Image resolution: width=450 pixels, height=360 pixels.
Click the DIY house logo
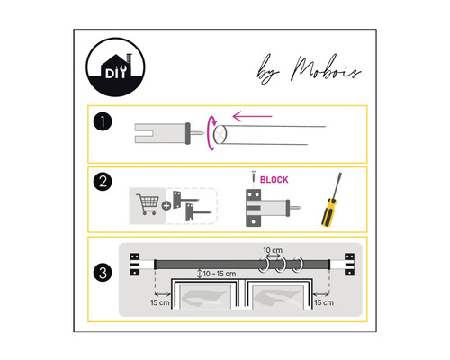[115, 67]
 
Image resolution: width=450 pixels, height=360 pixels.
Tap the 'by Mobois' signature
[309, 69]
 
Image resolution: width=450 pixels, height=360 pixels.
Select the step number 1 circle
[103, 122]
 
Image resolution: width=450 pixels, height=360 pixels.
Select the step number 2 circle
[103, 182]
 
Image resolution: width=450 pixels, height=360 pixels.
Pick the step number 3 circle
[103, 273]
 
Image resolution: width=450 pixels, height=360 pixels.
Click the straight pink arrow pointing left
[253, 116]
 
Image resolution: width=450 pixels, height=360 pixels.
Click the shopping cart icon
[148, 204]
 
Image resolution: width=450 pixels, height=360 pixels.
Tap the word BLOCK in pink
[274, 180]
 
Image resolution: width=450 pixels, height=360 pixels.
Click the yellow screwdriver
[332, 200]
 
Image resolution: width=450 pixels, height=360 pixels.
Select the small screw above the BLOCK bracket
[254, 176]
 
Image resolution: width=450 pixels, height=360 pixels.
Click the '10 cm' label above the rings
[273, 250]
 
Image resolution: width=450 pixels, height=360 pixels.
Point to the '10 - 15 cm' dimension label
[220, 274]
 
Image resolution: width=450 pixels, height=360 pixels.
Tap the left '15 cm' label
[160, 302]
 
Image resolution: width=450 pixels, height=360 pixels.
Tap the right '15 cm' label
[324, 302]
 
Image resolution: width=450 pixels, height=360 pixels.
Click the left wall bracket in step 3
[135, 265]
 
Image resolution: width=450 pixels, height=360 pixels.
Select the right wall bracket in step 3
[349, 265]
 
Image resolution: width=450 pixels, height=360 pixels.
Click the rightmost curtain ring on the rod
[298, 265]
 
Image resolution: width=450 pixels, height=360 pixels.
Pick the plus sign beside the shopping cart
[166, 206]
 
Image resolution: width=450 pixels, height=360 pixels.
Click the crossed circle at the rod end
[220, 134]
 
